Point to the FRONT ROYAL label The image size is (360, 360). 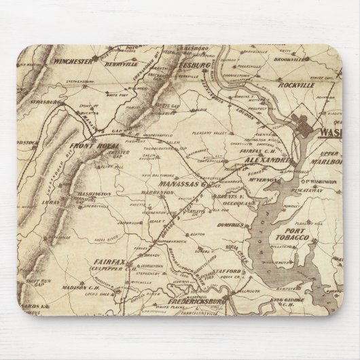tap(92, 145)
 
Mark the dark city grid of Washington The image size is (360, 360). tap(304, 126)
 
